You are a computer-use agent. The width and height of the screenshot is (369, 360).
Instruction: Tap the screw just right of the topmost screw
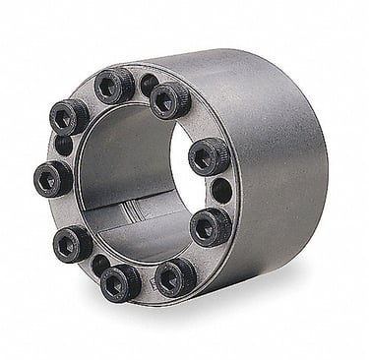(x=171, y=98)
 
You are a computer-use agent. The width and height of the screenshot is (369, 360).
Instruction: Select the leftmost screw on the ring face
(x=52, y=178)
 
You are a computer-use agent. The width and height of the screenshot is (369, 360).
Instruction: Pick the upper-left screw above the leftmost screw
(x=68, y=118)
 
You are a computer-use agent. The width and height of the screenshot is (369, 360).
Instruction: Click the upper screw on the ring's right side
(x=209, y=156)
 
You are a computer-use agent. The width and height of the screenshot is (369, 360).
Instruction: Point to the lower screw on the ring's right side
(x=211, y=226)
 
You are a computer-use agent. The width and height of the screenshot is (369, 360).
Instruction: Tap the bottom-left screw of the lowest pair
(x=120, y=283)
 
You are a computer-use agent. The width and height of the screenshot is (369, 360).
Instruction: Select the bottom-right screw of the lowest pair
(x=176, y=276)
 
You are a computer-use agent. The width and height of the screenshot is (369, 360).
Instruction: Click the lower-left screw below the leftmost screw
(x=72, y=242)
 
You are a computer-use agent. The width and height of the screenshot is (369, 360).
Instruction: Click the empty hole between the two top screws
(x=149, y=85)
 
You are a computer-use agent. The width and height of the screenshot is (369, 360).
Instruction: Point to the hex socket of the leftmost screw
(x=50, y=179)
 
